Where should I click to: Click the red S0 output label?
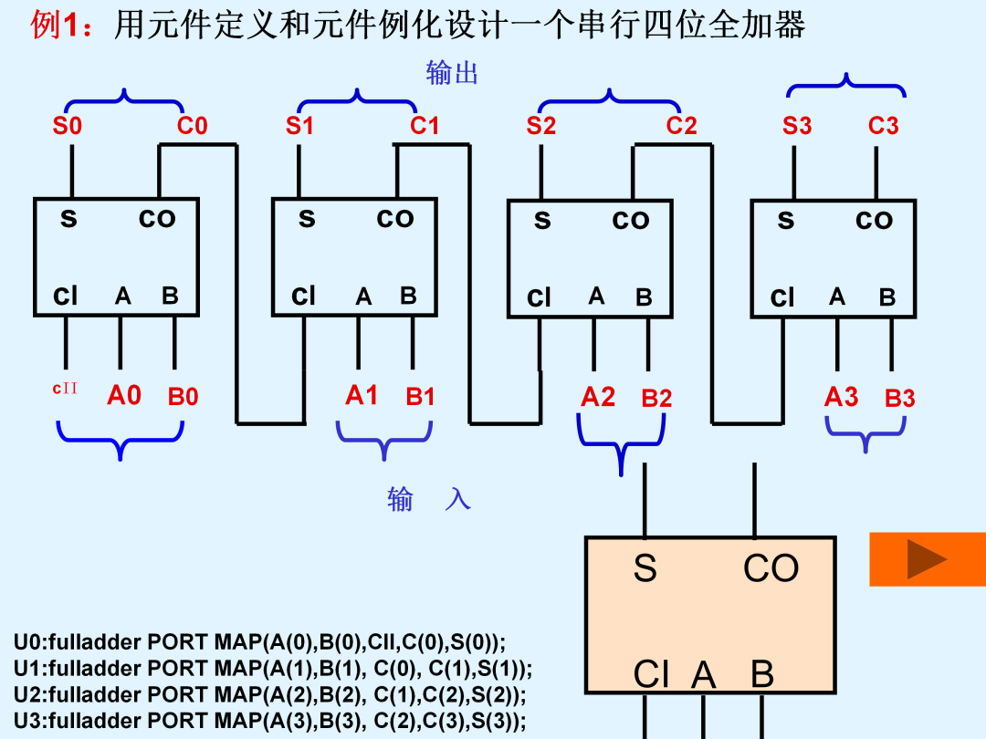click(x=68, y=126)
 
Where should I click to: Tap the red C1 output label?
click(x=425, y=126)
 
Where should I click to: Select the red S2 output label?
click(x=540, y=126)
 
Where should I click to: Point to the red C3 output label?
click(x=884, y=126)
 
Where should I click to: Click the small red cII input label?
click(x=65, y=389)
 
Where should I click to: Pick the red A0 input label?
click(x=124, y=396)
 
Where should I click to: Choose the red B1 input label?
click(x=420, y=397)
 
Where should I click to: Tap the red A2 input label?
click(x=597, y=397)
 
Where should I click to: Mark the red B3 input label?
click(x=899, y=399)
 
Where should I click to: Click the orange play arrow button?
click(x=928, y=559)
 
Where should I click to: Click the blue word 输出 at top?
click(x=452, y=73)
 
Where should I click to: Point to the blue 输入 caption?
click(x=429, y=500)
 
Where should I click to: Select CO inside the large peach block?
click(x=771, y=568)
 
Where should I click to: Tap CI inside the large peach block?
click(x=651, y=674)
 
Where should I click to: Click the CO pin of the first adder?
click(x=157, y=219)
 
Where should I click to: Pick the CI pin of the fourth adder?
click(x=782, y=297)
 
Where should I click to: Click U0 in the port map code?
click(x=27, y=642)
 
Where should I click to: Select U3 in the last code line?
click(x=27, y=721)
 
